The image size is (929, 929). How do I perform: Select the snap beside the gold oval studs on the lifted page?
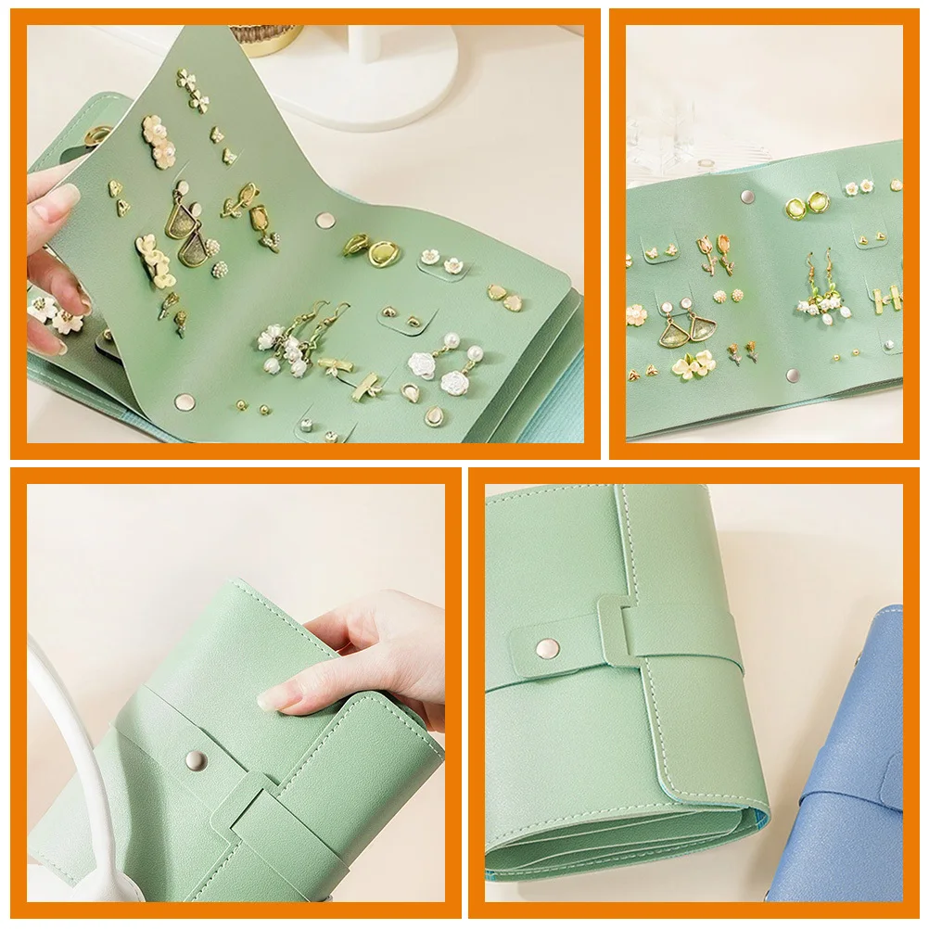coord(325,220)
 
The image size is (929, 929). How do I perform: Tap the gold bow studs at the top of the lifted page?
coord(193,88)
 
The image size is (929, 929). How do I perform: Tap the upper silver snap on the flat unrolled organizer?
coord(746,197)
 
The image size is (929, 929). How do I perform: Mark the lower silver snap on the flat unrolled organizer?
coord(793,375)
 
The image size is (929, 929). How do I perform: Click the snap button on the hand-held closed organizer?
coord(195,759)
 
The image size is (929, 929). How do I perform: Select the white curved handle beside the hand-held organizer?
coord(79,742)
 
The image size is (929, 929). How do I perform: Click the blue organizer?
coord(858,760)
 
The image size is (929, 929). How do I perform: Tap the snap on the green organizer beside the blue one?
coord(546,646)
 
